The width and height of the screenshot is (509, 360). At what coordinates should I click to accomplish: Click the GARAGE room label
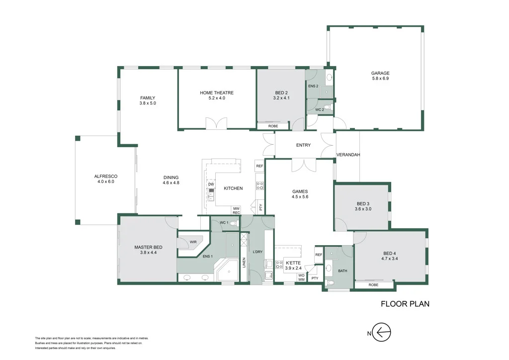click(x=380, y=74)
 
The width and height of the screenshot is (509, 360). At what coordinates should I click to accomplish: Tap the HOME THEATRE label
click(x=217, y=93)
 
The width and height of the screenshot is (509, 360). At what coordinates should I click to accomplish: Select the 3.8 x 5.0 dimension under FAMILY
click(x=148, y=103)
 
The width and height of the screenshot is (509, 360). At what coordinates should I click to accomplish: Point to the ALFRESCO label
click(x=106, y=176)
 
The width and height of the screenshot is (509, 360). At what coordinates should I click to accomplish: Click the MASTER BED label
click(x=148, y=247)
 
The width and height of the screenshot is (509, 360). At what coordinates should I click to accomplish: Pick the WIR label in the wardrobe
click(x=193, y=242)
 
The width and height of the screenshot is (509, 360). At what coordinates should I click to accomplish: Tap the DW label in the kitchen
click(x=211, y=184)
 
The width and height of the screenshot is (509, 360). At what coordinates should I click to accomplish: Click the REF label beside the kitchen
click(x=259, y=166)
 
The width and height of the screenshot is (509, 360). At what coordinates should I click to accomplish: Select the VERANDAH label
click(x=348, y=155)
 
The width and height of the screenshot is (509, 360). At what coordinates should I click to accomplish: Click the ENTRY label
click(x=303, y=145)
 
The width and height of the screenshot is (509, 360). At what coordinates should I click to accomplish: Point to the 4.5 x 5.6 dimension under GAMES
click(x=300, y=197)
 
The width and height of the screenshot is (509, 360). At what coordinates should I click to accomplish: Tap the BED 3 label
click(x=363, y=204)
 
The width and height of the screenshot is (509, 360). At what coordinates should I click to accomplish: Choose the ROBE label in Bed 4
click(x=373, y=285)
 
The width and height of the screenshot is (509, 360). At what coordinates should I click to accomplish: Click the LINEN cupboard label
click(x=244, y=263)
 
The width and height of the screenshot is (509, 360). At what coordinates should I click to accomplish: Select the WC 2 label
click(x=320, y=110)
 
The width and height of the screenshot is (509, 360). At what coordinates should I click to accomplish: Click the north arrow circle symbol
click(x=381, y=332)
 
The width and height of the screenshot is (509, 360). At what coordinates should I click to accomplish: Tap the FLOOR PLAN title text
click(x=405, y=304)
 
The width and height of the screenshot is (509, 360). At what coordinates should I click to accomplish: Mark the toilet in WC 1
click(x=236, y=223)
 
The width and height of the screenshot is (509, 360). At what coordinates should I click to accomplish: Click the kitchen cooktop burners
click(x=260, y=185)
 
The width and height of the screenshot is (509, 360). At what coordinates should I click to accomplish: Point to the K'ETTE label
click(x=293, y=263)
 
